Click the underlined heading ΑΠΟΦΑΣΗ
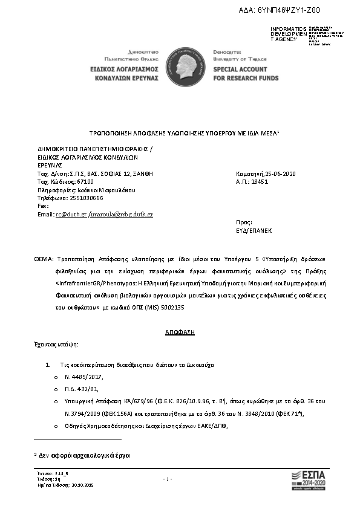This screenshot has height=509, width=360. [180, 333]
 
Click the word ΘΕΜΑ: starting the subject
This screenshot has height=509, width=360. [44, 258]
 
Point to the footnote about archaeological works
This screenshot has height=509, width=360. [85, 454]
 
